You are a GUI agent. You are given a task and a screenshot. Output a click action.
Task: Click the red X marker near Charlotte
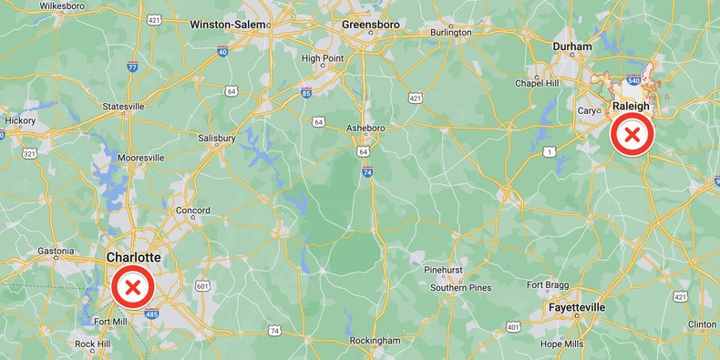(x=132, y=289)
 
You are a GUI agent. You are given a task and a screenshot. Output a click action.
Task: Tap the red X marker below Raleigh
(x=632, y=136)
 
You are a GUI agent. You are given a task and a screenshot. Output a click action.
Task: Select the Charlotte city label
(x=133, y=258)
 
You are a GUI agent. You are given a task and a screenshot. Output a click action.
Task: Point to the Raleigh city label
(x=632, y=107)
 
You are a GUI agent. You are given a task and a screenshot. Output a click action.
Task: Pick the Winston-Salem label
(x=229, y=25)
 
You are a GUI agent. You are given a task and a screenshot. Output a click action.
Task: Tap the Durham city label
(x=572, y=46)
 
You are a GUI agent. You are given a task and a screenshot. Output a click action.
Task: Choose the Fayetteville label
(x=577, y=308)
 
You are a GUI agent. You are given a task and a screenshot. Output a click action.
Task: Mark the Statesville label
(x=123, y=107)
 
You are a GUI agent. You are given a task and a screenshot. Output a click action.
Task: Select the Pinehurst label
(x=446, y=270)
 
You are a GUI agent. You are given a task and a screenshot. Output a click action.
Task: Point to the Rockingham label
(x=375, y=341)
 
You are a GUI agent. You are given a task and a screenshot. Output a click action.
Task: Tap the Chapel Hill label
(x=537, y=83)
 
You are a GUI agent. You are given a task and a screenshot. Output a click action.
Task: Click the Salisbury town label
(x=217, y=139)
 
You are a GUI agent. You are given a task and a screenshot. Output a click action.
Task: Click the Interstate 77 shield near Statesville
(x=133, y=67)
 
